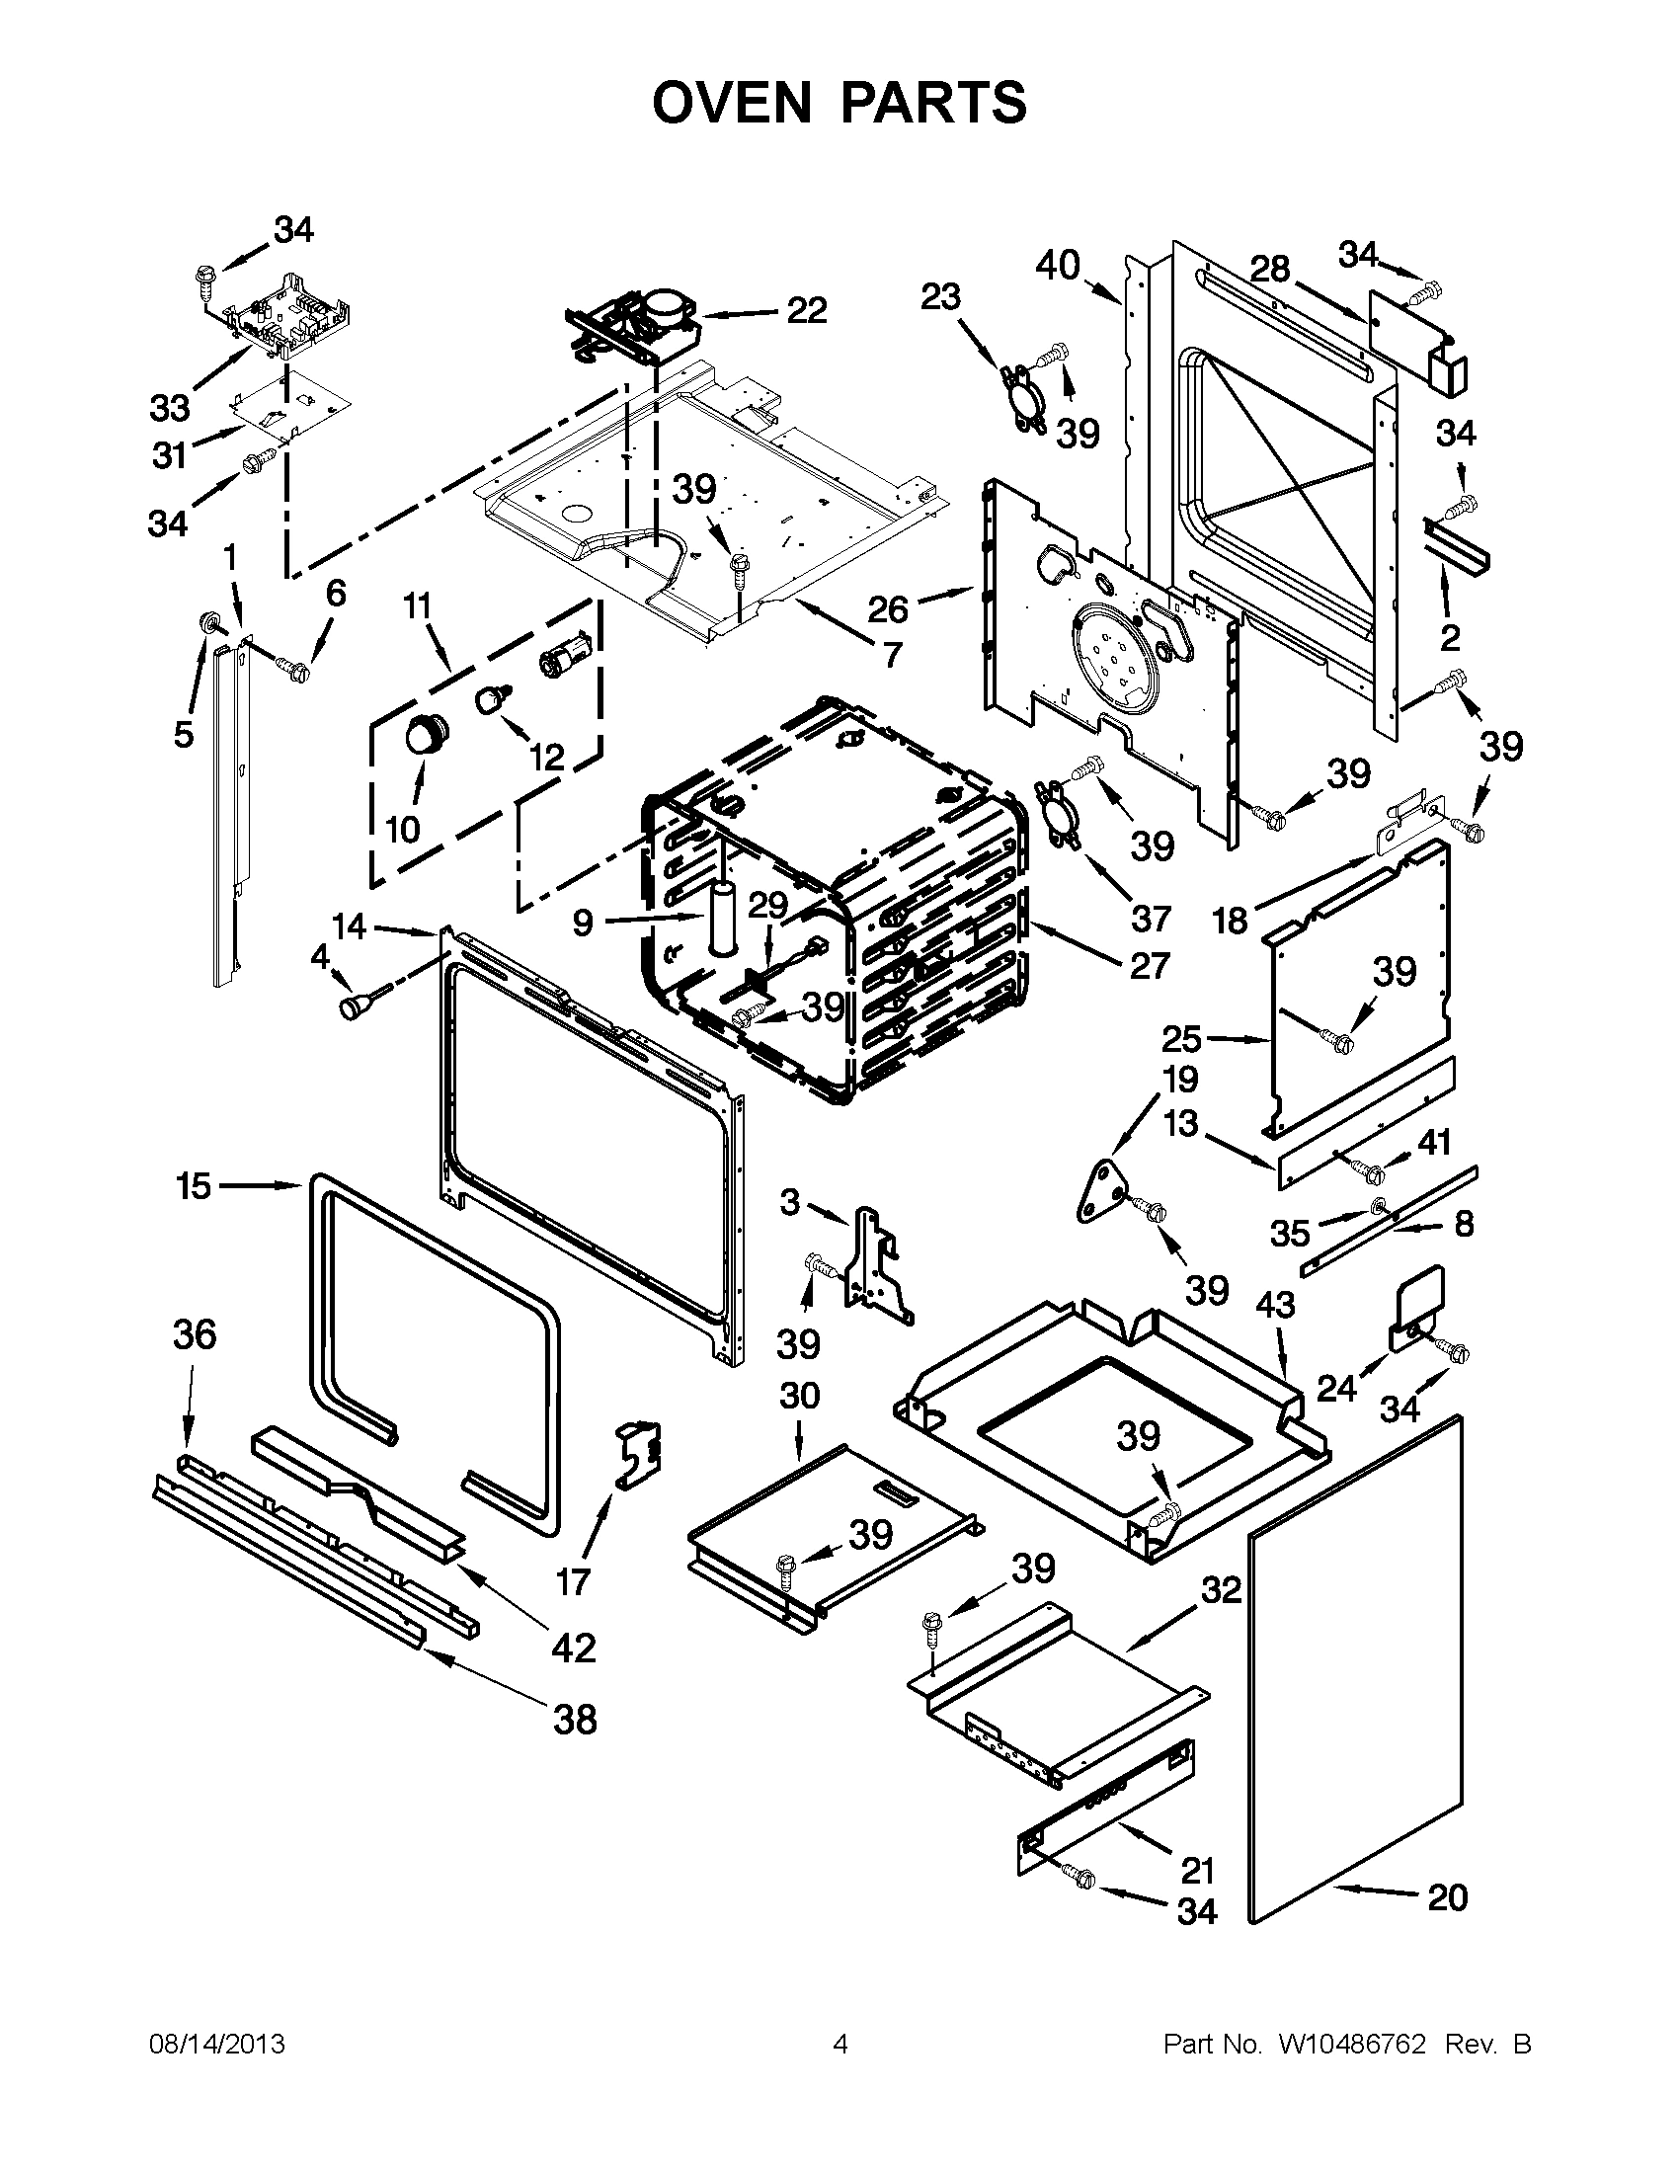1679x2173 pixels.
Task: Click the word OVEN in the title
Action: coord(736,103)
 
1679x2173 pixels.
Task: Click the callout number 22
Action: coord(806,310)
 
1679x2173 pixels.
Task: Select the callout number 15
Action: coord(194,1186)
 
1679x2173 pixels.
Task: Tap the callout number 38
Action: coord(575,1719)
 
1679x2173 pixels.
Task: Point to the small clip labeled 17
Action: coord(637,1456)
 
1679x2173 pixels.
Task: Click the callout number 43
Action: coord(1275,1305)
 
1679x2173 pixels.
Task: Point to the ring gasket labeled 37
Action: coord(1058,815)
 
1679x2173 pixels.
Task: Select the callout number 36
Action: coord(194,1334)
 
